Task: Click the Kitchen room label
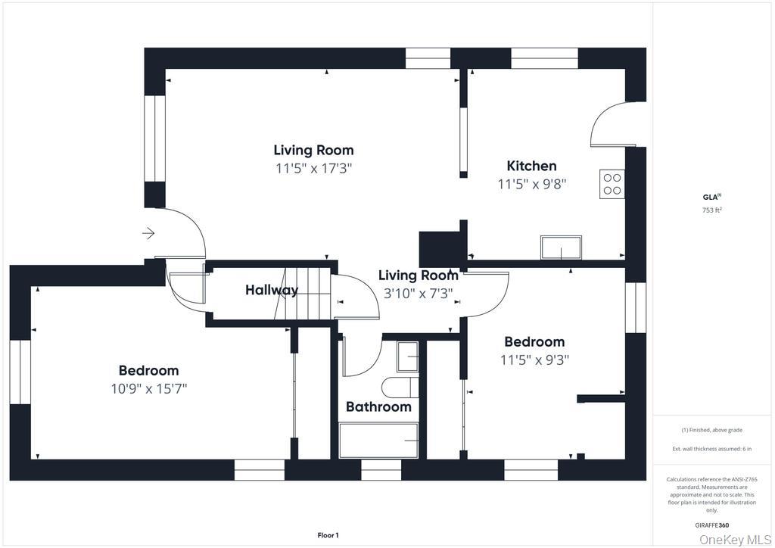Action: pos(532,166)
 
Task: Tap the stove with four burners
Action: pos(612,185)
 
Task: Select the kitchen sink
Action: pos(561,248)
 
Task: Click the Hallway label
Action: pos(272,290)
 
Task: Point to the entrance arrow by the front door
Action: pos(148,232)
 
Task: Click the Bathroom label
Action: pos(378,406)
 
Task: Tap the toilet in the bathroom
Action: pos(401,388)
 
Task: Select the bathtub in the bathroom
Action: pos(378,441)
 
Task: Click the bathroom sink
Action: pos(408,357)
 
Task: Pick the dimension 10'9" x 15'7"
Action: pos(149,389)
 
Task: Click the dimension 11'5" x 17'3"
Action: pos(313,169)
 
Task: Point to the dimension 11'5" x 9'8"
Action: pos(532,185)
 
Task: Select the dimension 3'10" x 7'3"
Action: pos(418,294)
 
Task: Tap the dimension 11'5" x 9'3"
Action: pos(535,360)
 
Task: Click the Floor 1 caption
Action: pos(328,535)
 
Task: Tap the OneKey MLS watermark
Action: pos(735,540)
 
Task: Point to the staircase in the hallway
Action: pos(302,294)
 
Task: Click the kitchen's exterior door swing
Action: pos(612,124)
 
